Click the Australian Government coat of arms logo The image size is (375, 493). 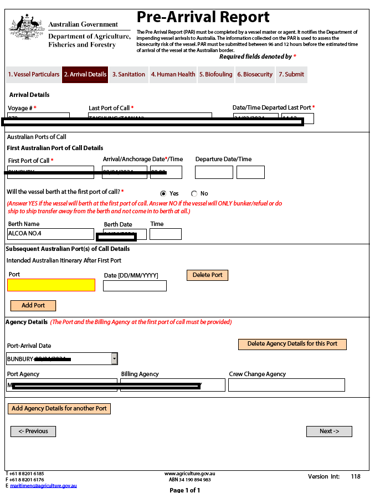(x=26, y=27)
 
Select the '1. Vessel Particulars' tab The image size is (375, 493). (x=33, y=74)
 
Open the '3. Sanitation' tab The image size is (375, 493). (x=129, y=74)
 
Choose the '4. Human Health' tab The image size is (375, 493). (x=173, y=74)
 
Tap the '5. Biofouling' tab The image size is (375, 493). (x=216, y=74)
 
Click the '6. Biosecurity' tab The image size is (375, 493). (x=255, y=74)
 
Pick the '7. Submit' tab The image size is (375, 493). (x=291, y=74)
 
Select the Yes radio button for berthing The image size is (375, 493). (x=163, y=193)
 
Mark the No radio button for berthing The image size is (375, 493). (x=194, y=193)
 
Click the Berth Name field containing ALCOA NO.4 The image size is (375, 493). (x=50, y=234)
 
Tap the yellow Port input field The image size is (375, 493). (x=51, y=285)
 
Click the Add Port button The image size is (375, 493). (x=33, y=305)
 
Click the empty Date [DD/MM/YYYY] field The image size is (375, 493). (x=135, y=286)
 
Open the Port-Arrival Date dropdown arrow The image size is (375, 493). (x=115, y=358)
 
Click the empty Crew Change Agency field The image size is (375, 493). (x=286, y=385)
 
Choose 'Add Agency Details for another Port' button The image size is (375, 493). (x=59, y=408)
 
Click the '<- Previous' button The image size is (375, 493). (x=33, y=431)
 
